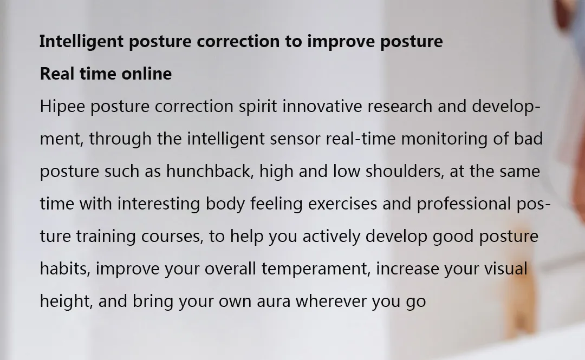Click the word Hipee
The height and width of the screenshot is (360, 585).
62,107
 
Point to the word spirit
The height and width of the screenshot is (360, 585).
258,107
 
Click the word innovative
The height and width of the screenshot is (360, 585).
322,106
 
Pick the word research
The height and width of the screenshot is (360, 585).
400,106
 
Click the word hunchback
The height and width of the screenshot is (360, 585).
210,172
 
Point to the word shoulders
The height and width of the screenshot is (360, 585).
405,172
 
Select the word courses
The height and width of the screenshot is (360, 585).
172,237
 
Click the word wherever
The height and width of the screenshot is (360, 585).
331,302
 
